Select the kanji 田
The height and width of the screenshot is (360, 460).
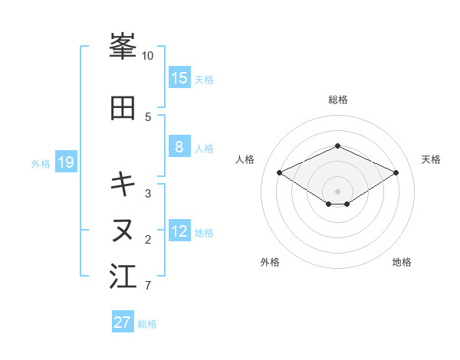(x=123, y=108)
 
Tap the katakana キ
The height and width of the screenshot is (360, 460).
(x=123, y=184)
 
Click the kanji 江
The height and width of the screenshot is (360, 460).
(x=123, y=277)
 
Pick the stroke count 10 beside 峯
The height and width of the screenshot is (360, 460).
(x=148, y=56)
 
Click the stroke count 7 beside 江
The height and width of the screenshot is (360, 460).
(x=148, y=286)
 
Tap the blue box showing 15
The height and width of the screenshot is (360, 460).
(x=179, y=78)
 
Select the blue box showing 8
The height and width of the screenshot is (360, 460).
(x=179, y=148)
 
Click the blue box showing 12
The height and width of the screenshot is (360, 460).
(x=179, y=231)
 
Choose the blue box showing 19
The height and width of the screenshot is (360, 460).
(x=66, y=162)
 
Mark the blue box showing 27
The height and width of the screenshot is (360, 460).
(x=123, y=322)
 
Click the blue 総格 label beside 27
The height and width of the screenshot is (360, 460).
(x=147, y=324)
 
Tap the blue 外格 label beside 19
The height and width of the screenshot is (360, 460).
(x=40, y=164)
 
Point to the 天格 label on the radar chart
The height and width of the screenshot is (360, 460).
(x=431, y=159)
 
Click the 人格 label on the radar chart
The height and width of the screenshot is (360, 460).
(x=245, y=159)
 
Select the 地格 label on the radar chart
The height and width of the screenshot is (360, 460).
(x=402, y=263)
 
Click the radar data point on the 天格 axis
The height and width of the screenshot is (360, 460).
(x=396, y=172)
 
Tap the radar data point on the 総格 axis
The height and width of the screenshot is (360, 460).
(x=337, y=146)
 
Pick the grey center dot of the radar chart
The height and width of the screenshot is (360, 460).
(x=337, y=191)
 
